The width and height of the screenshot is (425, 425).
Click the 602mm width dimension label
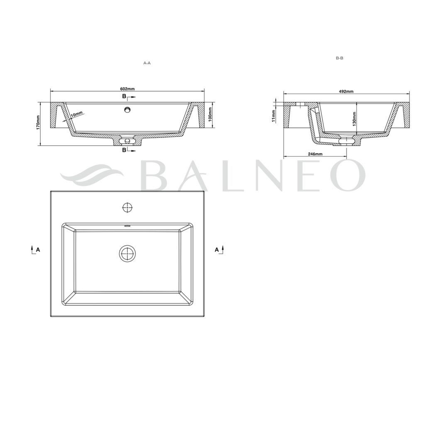[127, 89]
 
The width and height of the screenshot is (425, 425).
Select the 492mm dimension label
[346, 91]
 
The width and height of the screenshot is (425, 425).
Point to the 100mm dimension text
[210, 115]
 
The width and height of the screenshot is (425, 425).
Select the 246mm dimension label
[315, 154]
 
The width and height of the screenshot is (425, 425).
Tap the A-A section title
[147, 63]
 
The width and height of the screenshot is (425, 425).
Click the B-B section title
[340, 58]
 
